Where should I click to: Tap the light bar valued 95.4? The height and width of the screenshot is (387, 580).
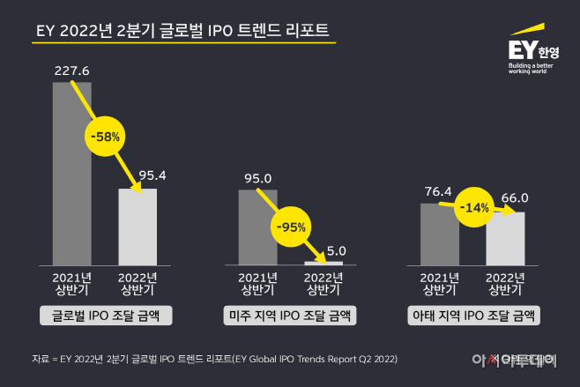point(138,227)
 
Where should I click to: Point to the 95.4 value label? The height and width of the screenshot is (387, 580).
point(138,175)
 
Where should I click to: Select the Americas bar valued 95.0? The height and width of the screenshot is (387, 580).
point(257,227)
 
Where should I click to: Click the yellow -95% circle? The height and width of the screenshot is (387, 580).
point(291,227)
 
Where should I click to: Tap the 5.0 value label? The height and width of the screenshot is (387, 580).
point(323,249)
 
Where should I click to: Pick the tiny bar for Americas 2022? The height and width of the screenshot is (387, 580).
point(323,262)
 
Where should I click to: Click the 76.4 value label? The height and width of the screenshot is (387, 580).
point(439,190)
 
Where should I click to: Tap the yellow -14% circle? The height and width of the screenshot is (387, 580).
point(473,209)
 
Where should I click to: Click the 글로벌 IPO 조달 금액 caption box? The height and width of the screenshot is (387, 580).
point(105,316)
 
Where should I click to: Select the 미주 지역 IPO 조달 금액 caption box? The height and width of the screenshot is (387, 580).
point(290,316)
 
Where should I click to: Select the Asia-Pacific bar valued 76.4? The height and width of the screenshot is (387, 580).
point(439,234)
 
